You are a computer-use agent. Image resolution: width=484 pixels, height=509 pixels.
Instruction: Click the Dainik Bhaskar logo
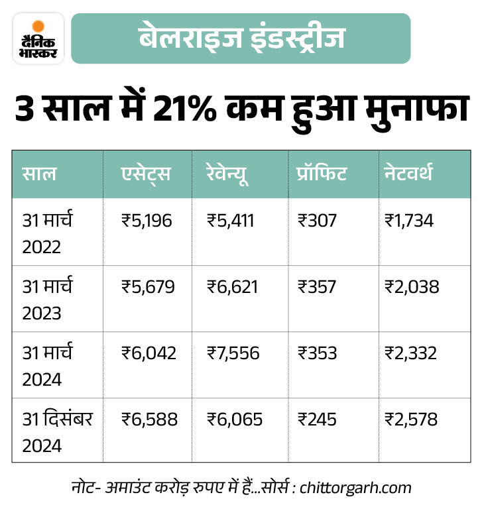[38, 38]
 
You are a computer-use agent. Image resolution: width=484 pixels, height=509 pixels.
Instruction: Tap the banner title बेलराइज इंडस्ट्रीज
[241, 38]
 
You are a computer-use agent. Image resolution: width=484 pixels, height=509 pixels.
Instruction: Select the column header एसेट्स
[146, 174]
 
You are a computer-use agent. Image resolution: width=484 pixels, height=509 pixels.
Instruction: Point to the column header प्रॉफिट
[322, 174]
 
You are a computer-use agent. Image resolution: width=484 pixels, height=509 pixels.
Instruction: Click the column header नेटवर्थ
[408, 174]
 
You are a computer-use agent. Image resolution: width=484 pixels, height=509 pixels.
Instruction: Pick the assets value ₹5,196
[147, 221]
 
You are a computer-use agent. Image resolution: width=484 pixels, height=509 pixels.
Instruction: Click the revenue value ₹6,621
[232, 287]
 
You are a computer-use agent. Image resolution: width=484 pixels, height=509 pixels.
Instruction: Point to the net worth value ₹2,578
[410, 420]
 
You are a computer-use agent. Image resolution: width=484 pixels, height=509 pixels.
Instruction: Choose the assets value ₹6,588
[149, 420]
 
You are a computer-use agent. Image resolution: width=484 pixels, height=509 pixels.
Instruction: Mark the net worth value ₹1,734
[408, 221]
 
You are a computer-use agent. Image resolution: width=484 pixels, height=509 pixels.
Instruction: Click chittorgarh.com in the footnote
[355, 488]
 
